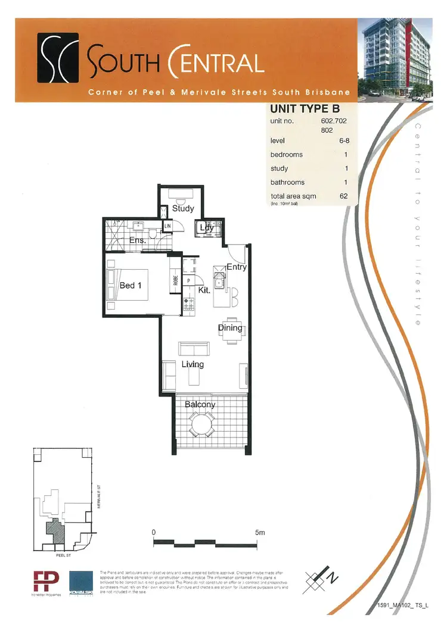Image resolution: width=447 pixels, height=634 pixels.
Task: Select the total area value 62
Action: [343, 196]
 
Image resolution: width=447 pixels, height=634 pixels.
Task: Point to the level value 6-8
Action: [343, 140]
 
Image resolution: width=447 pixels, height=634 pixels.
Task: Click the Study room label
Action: [183, 209]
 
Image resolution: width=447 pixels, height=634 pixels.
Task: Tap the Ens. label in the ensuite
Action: [138, 241]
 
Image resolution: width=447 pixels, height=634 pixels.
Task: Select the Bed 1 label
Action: [131, 286]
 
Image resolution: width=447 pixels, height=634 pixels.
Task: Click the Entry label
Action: [237, 267]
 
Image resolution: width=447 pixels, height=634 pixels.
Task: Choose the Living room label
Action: [192, 364]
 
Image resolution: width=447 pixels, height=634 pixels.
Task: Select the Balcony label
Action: [200, 405]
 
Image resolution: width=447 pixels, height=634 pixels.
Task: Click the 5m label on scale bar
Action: [260, 532]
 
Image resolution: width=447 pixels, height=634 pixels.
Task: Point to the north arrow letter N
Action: [334, 576]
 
